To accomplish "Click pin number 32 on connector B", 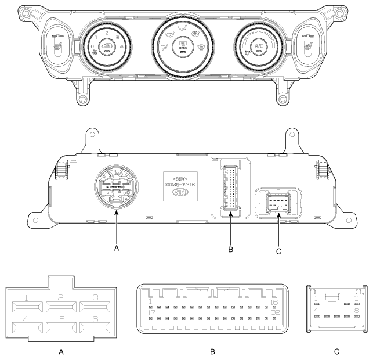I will click(x=275, y=312).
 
